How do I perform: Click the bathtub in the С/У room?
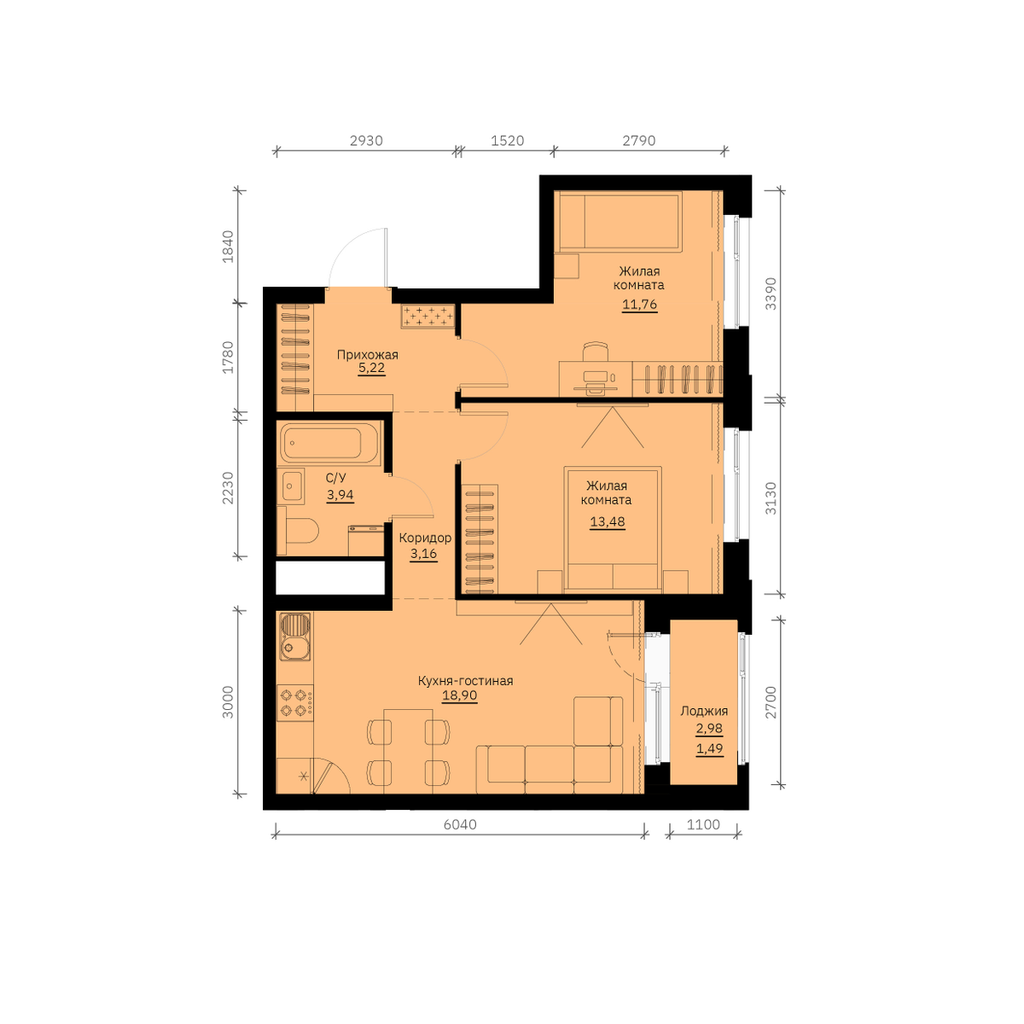tap(329, 443)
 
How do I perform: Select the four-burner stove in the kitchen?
tap(295, 702)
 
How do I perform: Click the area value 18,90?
tap(460, 695)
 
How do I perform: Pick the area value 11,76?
tap(640, 305)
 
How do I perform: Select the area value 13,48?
tap(608, 521)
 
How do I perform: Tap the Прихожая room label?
tap(368, 354)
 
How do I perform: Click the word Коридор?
tap(425, 538)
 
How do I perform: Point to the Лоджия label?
tap(704, 711)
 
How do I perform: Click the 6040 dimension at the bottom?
tap(460, 824)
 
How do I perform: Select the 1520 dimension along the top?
tap(508, 141)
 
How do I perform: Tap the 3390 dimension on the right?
tap(771, 294)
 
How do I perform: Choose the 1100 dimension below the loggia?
tap(703, 824)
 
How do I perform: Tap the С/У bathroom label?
tap(336, 478)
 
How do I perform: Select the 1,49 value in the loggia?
tap(709, 748)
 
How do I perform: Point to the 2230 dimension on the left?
tap(228, 488)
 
